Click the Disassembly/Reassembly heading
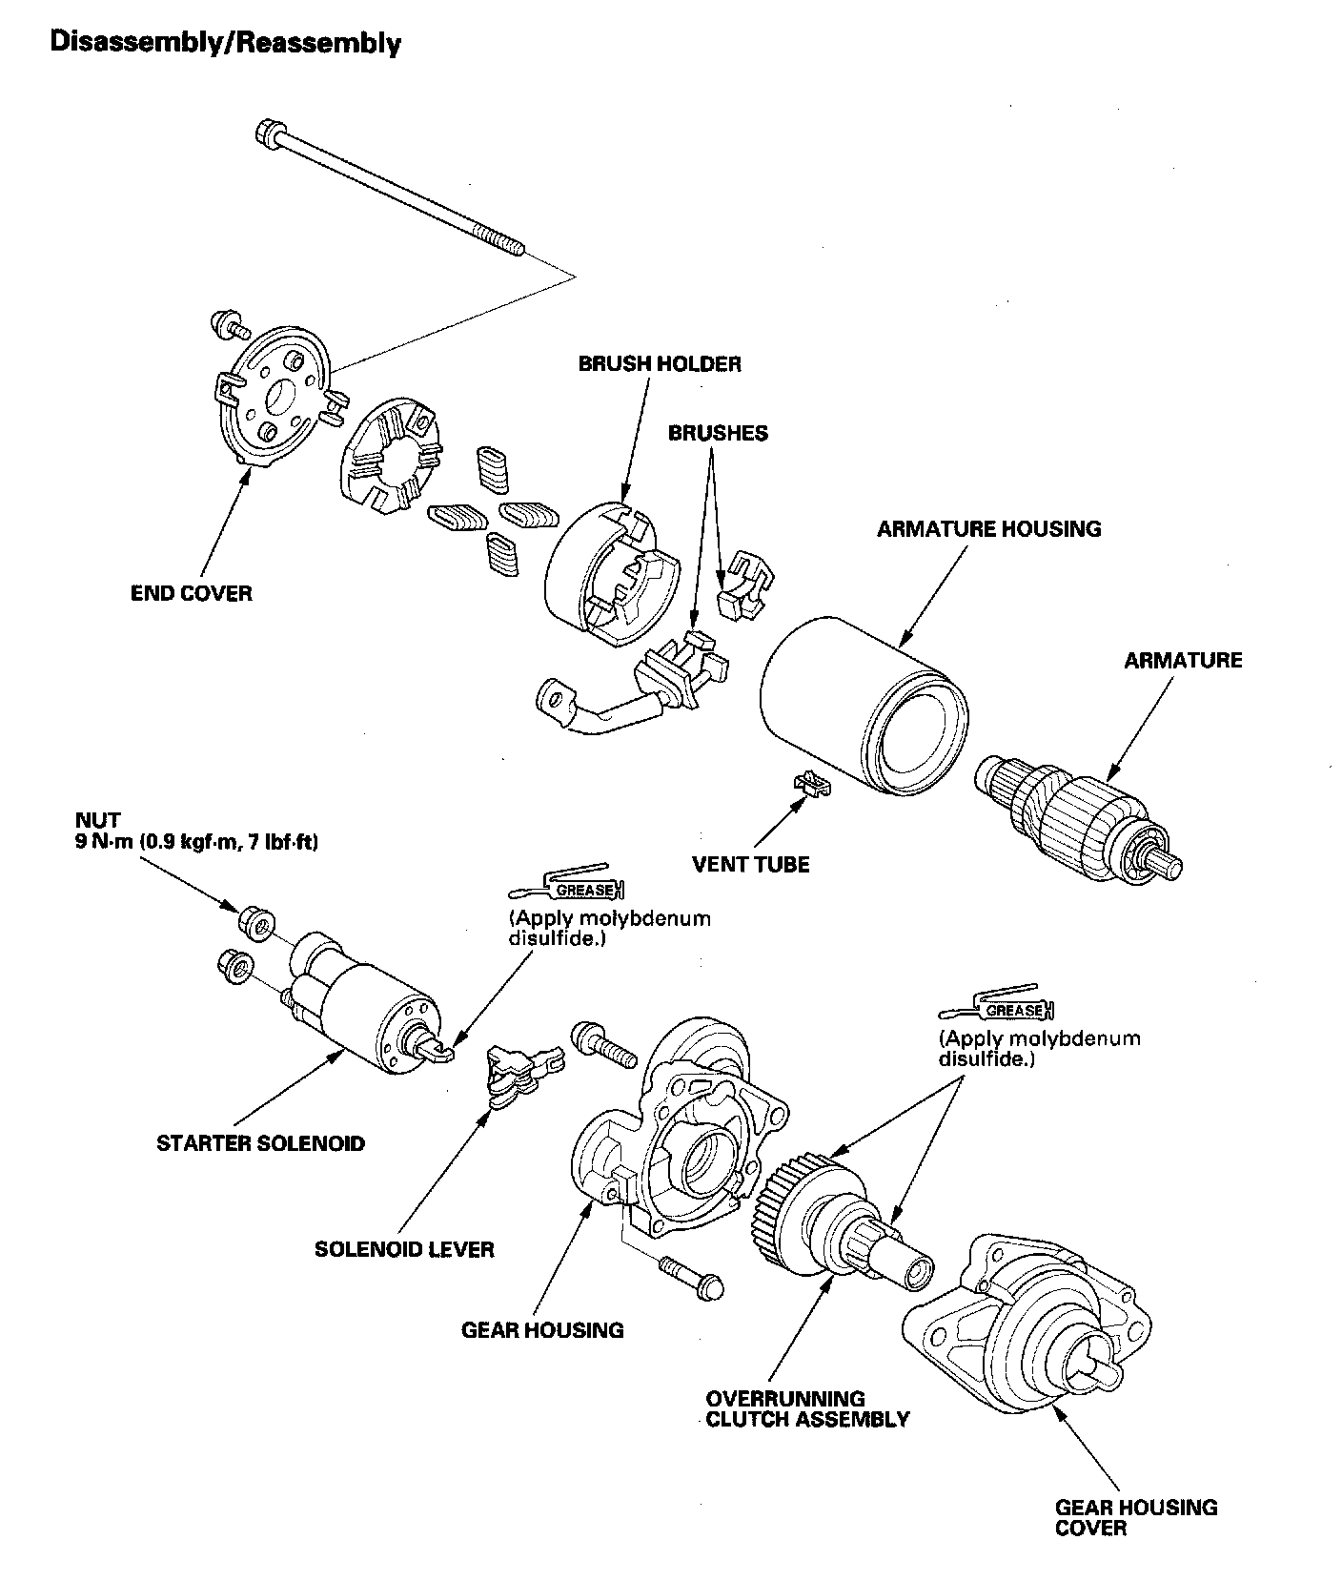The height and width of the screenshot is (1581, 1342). (225, 43)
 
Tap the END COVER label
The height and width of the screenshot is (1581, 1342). (191, 593)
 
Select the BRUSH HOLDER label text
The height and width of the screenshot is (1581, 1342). (659, 363)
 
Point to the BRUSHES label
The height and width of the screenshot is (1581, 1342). (717, 433)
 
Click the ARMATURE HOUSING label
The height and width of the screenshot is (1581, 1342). (988, 528)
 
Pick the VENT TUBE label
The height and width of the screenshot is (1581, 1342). (750, 864)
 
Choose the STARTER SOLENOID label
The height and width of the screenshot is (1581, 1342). (260, 1142)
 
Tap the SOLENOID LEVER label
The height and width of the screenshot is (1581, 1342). (404, 1248)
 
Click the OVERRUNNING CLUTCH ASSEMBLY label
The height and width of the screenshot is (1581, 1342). (806, 1408)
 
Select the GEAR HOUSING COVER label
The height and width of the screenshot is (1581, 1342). (1135, 1517)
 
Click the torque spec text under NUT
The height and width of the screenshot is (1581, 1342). (196, 843)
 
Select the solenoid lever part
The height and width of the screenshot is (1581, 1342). (518, 1072)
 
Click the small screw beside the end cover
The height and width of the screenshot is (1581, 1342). (228, 325)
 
